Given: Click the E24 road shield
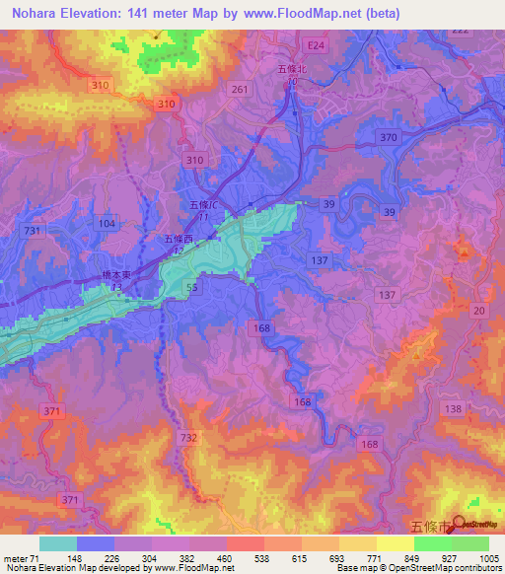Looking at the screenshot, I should tap(315, 45).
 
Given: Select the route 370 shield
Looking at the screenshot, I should tap(389, 138).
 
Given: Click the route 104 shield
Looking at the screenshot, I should tap(108, 225).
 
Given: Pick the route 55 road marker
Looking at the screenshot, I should tap(193, 286).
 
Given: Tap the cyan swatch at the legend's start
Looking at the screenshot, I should tap(58, 543).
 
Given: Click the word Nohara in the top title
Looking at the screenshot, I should tap(33, 10).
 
